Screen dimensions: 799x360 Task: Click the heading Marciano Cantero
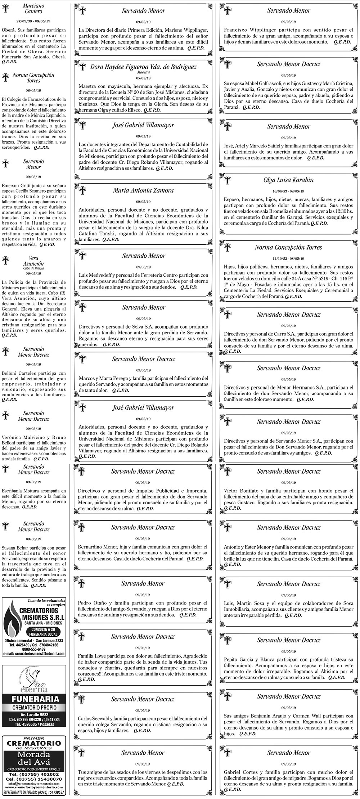tap(33, 9)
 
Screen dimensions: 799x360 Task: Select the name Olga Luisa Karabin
tap(288, 180)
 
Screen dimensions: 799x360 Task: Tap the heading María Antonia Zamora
tap(143, 190)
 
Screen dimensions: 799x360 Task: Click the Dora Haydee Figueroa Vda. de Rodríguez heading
tap(143, 67)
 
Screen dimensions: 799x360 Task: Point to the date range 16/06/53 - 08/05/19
tap(288, 191)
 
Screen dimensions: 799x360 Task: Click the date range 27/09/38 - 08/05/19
tap(33, 21)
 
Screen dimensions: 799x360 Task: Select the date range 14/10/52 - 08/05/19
tap(288, 258)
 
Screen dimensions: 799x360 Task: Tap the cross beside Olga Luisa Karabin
tap(228, 180)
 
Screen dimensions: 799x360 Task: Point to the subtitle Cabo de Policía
tap(33, 268)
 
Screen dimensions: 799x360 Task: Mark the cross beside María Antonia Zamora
tap(82, 191)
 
